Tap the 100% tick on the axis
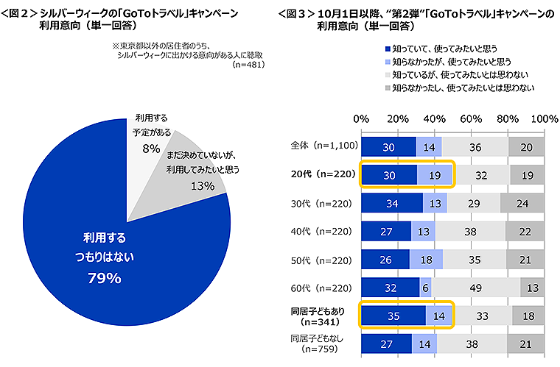pos(544,119)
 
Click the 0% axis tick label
pos(362,119)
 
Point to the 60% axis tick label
pos(471,119)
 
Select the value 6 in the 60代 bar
pos(426,288)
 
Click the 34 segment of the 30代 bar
pos(391,203)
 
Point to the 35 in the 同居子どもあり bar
pos(393,316)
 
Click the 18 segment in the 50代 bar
pos(426,260)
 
